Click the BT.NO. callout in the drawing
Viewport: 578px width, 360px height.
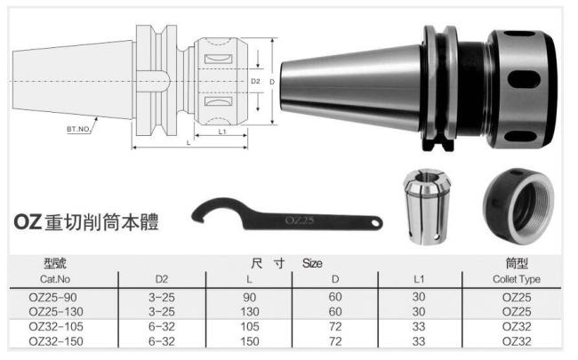(79, 130)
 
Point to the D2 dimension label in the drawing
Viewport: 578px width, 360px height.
(254, 82)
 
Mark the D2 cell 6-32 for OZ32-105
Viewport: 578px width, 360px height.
(161, 326)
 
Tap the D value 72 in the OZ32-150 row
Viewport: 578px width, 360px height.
(335, 340)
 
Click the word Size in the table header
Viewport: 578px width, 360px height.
(312, 264)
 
